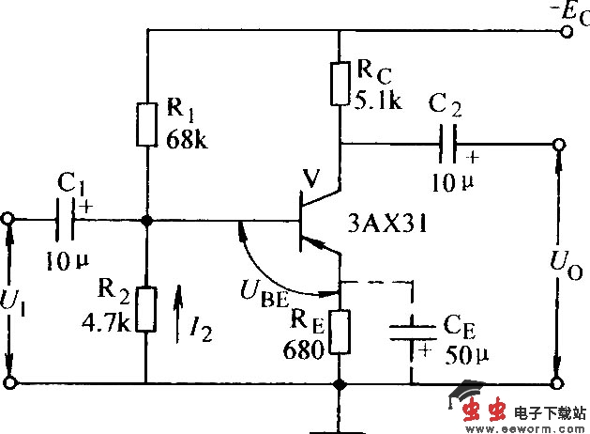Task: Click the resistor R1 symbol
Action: (x=146, y=126)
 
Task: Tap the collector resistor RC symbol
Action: (x=340, y=83)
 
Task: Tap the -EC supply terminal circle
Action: (x=565, y=31)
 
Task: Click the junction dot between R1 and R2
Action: (x=146, y=221)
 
